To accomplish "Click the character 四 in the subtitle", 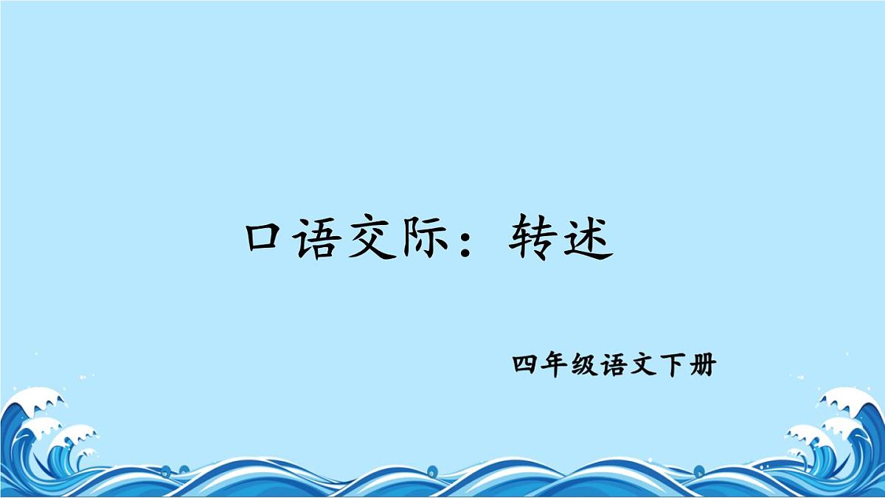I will pos(525,365).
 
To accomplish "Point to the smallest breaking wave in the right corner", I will pos(796,452).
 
